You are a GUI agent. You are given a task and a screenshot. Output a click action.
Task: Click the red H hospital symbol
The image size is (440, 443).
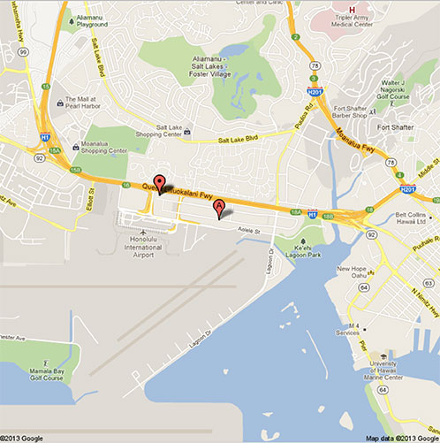point(352,9)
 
